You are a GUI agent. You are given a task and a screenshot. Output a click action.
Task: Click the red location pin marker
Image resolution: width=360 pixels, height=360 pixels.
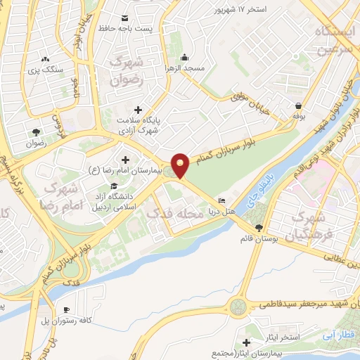tap(181, 165)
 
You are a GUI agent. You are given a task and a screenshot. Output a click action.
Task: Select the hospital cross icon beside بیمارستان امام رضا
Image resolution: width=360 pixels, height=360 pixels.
tap(126, 160)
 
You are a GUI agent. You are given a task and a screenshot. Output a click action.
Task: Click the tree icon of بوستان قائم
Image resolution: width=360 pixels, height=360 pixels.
tap(259, 227)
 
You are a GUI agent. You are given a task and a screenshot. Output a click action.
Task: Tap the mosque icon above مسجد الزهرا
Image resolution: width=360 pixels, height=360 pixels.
tap(184, 57)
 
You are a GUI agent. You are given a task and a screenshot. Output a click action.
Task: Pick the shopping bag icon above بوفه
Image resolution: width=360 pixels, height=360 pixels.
tap(299, 106)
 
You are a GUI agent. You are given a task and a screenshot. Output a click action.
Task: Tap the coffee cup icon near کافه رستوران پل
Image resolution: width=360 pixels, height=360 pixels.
tap(66, 309)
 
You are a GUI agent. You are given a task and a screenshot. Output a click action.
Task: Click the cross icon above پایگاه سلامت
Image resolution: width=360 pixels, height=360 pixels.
tap(138, 109)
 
